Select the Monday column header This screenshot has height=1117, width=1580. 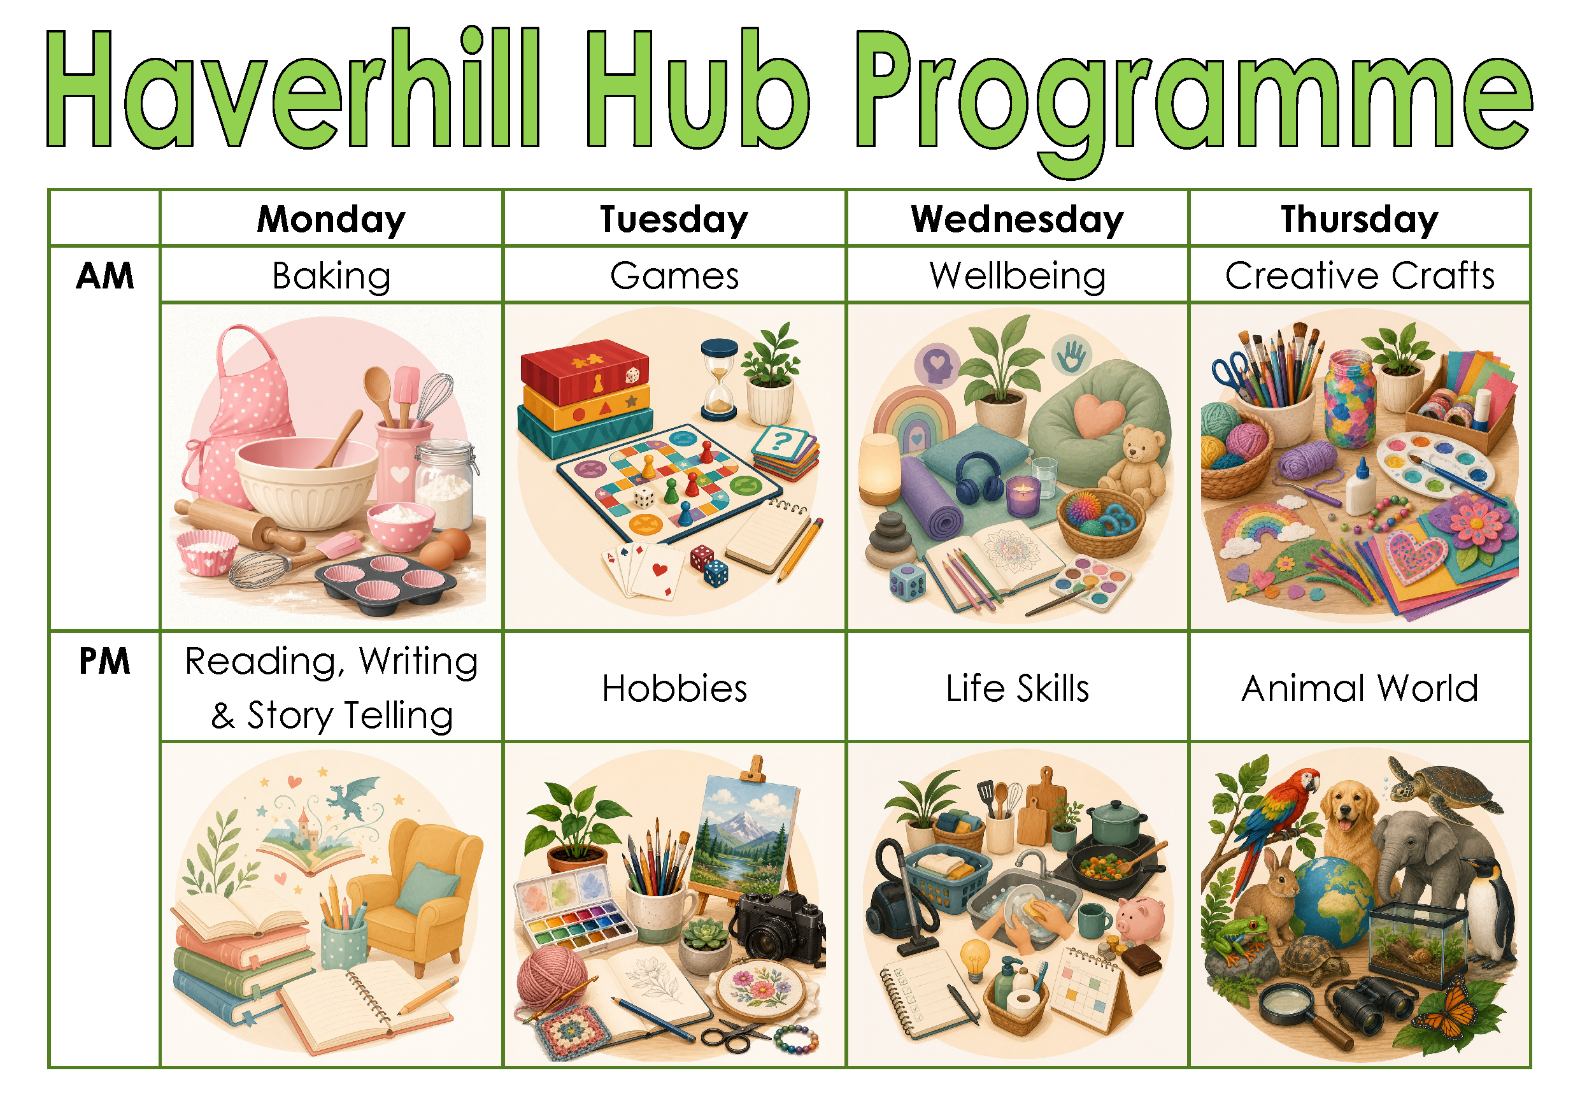pyautogui.click(x=331, y=220)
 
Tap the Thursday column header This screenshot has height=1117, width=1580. pyautogui.click(x=1360, y=220)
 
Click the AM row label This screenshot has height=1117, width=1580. pyautogui.click(x=104, y=276)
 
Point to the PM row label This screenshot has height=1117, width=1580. pyautogui.click(x=104, y=662)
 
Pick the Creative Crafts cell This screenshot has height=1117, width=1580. pyautogui.click(x=1360, y=276)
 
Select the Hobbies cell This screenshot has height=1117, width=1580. pyautogui.click(x=674, y=688)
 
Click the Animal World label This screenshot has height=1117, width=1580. pyautogui.click(x=1360, y=688)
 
